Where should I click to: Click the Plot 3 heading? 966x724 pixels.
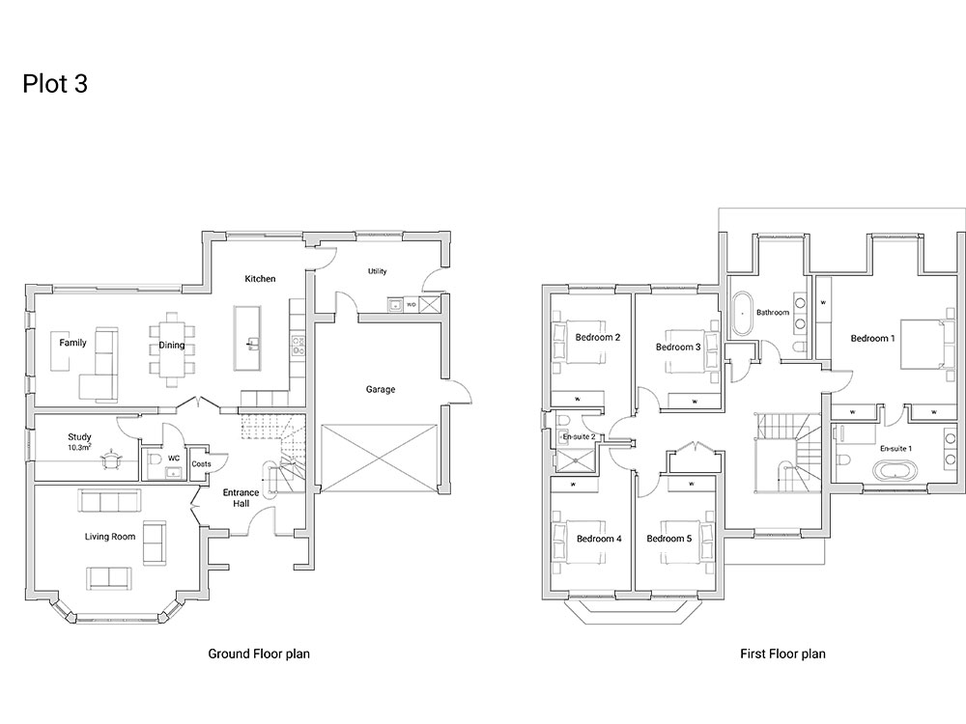55,84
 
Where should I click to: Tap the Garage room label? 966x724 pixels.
380,389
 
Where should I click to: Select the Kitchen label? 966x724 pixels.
260,279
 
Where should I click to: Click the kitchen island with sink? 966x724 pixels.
247,338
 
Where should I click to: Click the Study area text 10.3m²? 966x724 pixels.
79,448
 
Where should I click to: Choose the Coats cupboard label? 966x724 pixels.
202,464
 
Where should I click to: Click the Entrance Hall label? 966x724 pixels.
241,498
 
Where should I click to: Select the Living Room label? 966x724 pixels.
110,537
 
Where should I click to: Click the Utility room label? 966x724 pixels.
377,271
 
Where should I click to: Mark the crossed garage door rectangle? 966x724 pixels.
380,458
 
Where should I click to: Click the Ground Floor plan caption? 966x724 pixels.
259,654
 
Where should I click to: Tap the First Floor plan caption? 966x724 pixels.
782,654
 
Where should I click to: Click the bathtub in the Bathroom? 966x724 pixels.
742,312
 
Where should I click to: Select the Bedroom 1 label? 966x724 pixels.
872,338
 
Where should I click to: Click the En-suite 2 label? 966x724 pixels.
579,436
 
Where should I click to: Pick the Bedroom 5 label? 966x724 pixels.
669,539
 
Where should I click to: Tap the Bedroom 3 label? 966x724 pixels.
678,348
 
